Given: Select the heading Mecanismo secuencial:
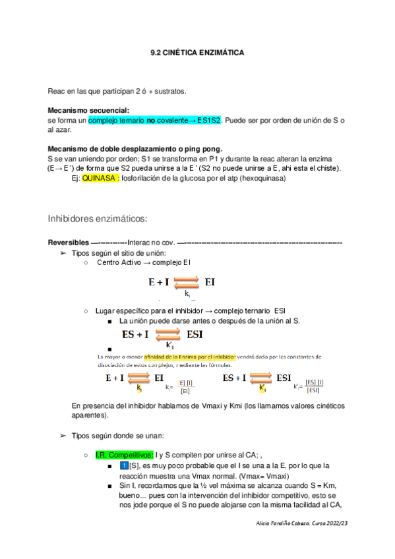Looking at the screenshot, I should click(88, 110).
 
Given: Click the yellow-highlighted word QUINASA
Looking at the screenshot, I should click(100, 178).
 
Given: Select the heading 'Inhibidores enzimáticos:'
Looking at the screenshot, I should click(97, 218).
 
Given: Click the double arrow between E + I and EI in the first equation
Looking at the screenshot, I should click(187, 283).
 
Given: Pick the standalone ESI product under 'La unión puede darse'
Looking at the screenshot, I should click(195, 335).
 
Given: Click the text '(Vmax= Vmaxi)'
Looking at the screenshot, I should click(260, 477).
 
